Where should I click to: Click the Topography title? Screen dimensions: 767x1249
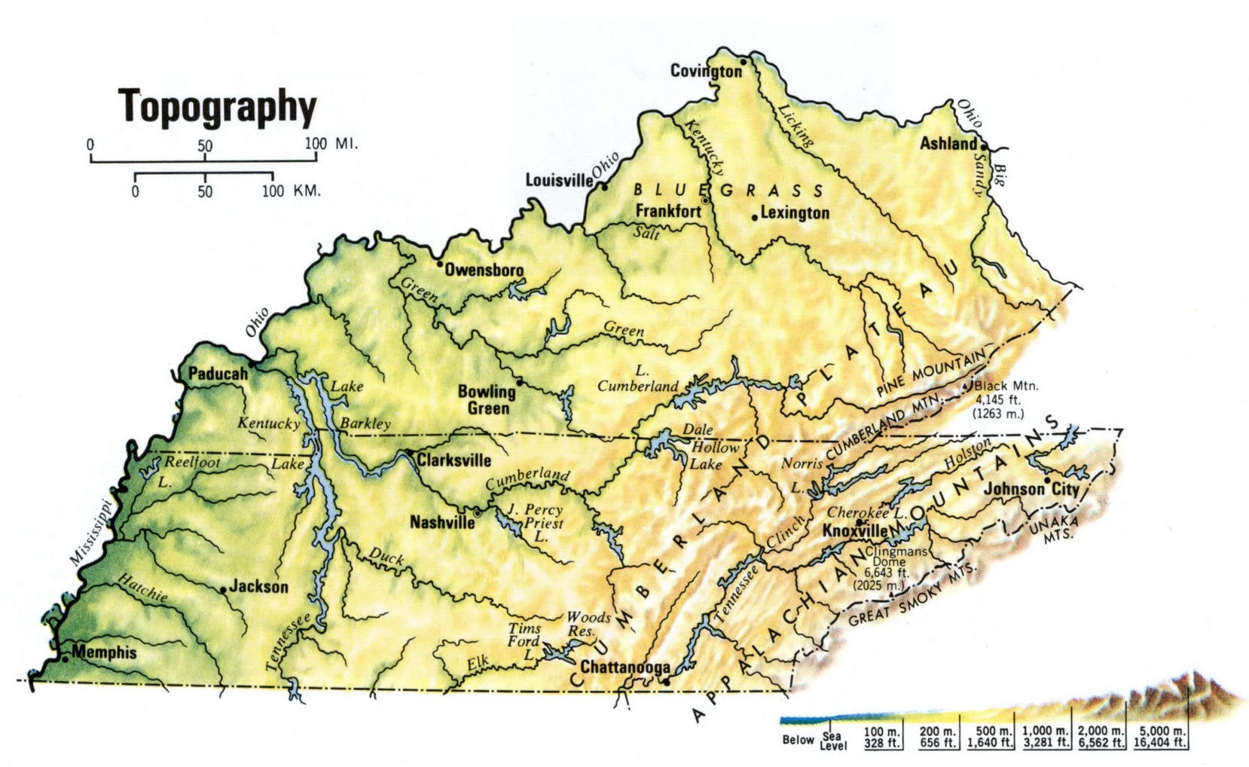coord(218,106)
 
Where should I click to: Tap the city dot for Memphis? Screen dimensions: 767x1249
coord(66,658)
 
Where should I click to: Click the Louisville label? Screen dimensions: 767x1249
coord(559,180)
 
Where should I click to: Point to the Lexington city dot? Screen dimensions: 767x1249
coord(754,218)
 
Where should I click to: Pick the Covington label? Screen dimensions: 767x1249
coord(706,71)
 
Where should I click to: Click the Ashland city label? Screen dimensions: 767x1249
coord(948,143)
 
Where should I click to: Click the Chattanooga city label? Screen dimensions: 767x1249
coord(624,668)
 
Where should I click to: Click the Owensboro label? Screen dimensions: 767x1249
coord(484,270)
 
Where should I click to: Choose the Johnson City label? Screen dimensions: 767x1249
coord(1031,489)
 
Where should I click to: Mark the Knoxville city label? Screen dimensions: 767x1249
coord(854,530)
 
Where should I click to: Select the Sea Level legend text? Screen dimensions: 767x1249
coord(832,741)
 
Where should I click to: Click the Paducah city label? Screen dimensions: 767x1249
coord(218,374)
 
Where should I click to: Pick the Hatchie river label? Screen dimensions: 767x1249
coord(142,588)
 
